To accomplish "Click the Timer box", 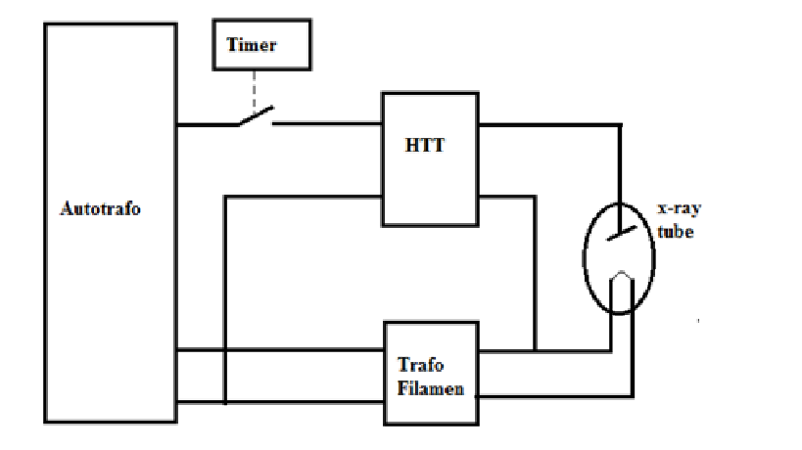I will click(262, 46).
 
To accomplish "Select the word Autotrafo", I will click(100, 208).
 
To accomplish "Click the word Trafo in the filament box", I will click(421, 366).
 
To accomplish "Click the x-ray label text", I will click(678, 209).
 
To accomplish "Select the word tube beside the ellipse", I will click(676, 233).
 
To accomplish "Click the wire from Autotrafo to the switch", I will click(206, 124).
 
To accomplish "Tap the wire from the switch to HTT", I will click(326, 124).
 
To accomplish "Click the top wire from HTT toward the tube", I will click(548, 124).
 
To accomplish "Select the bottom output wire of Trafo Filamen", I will click(553, 395).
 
